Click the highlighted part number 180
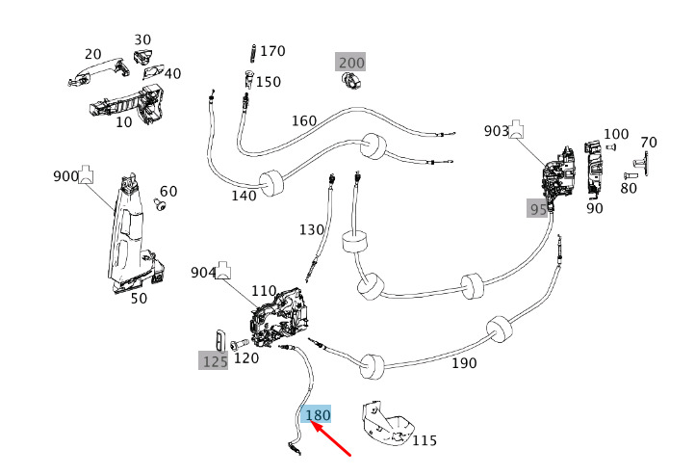318,415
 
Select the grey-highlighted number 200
351,63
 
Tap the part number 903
497,130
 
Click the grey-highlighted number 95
537,208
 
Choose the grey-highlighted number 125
215,361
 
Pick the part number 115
425,440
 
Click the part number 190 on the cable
464,363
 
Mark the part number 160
303,121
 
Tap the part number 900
65,176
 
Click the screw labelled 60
161,205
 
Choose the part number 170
273,50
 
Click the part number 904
203,273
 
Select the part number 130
312,230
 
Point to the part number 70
649,143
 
